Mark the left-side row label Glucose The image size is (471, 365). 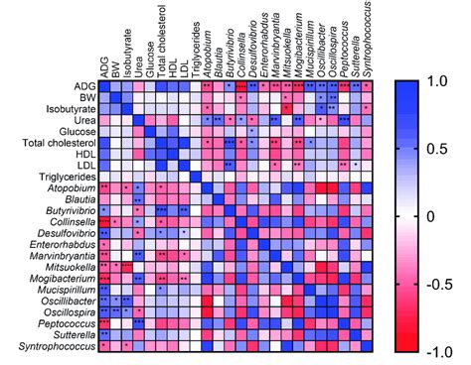coord(76,130)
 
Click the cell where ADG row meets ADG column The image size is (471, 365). coord(104,87)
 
